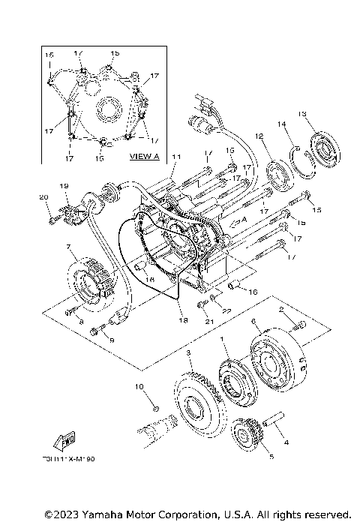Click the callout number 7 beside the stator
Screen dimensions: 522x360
(67, 247)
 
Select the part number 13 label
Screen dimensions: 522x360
(301, 114)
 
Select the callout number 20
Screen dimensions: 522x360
(43, 197)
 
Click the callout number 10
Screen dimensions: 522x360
(139, 386)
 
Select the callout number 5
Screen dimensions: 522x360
(250, 454)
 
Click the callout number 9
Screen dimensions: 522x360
(112, 340)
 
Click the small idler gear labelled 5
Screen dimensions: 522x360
(247, 433)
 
